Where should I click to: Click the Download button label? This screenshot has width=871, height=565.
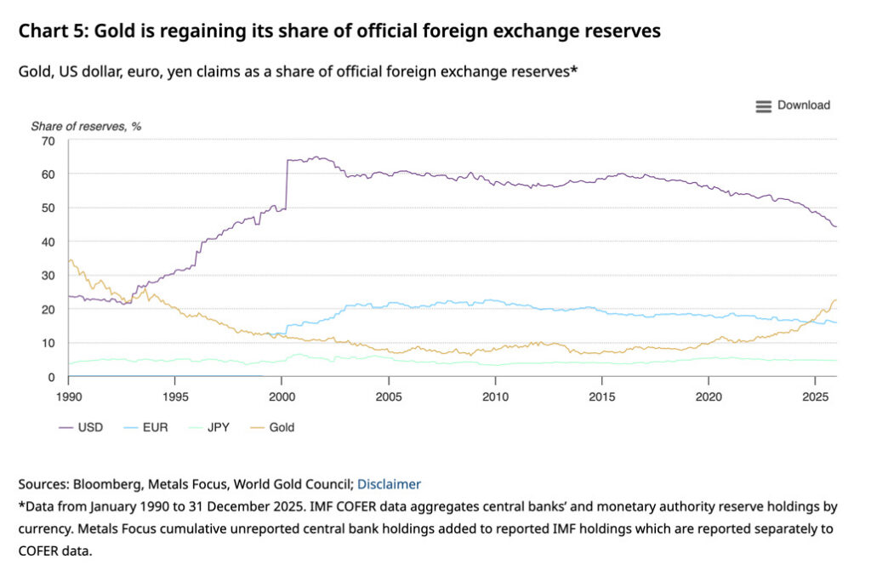(803, 106)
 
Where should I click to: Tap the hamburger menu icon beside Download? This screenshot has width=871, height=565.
(764, 106)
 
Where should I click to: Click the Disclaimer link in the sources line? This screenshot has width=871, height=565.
(389, 484)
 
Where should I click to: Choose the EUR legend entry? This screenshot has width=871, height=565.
(148, 427)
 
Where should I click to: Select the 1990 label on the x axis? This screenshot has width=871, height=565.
(68, 397)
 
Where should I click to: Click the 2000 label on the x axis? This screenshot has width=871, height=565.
(282, 397)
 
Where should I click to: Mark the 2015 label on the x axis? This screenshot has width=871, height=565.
(602, 397)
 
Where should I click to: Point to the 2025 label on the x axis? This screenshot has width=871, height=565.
(816, 397)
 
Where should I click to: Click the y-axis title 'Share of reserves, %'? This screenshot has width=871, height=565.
(86, 126)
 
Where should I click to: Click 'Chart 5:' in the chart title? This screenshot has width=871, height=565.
(53, 31)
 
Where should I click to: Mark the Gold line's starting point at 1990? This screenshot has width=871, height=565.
(69, 260)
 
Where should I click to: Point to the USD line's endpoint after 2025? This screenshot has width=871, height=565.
(836, 226)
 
